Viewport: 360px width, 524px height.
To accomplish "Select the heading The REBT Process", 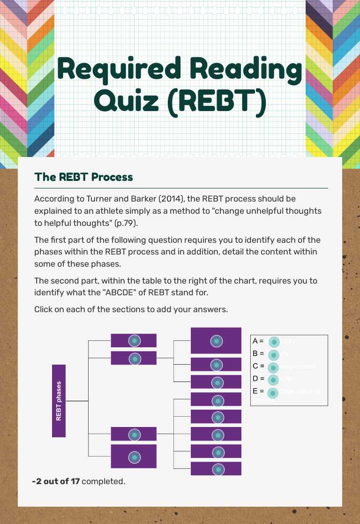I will coord(83,177).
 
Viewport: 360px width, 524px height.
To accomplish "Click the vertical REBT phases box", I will coord(59,401).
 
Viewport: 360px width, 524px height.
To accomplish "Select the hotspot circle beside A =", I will coord(274,342).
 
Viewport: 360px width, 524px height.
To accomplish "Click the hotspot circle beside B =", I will coord(274,355).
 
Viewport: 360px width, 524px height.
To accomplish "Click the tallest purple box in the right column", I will coord(216,341).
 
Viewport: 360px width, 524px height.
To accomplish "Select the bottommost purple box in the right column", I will coord(216,469).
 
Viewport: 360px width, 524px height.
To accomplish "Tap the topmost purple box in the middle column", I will coord(134,341).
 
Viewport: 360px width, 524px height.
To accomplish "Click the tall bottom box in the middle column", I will coord(134,457).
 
